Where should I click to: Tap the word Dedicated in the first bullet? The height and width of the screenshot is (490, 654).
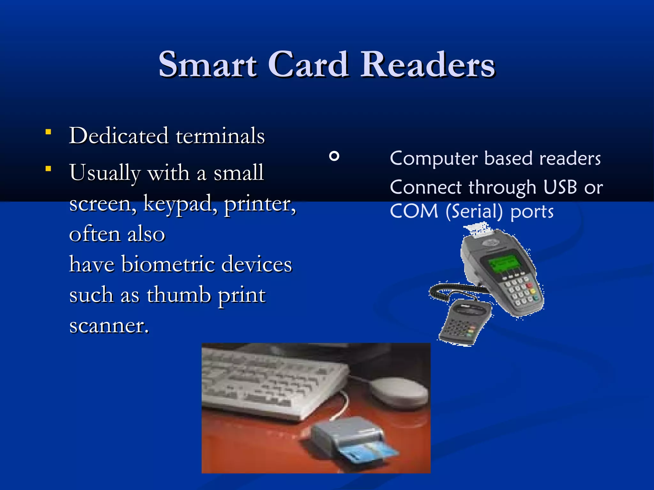coord(118,136)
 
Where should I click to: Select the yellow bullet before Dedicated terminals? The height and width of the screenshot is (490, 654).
coord(48,132)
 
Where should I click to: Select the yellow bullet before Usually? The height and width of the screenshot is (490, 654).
coord(48,169)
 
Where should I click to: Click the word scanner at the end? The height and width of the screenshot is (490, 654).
coord(109,326)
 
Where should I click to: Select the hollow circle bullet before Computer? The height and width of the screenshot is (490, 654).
coord(334,156)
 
